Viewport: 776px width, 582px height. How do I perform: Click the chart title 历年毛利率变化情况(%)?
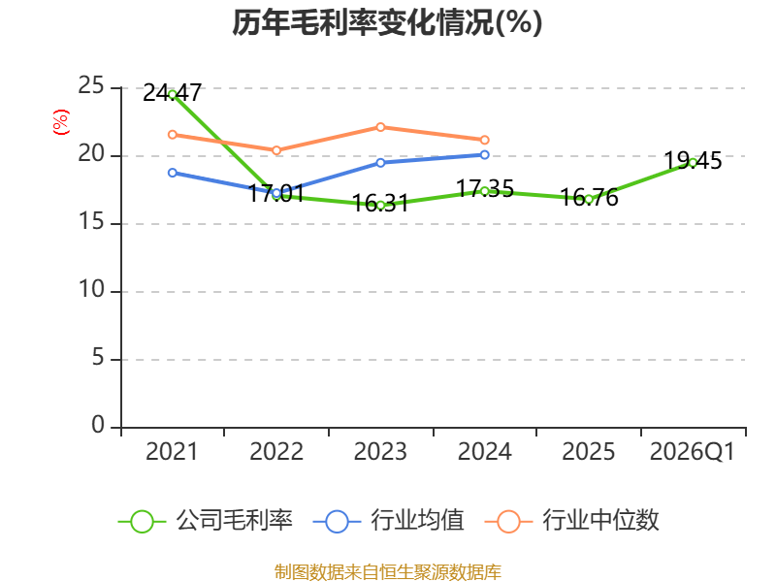[387, 22]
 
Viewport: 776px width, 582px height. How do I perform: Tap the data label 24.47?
[173, 92]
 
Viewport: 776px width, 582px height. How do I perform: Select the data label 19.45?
[693, 161]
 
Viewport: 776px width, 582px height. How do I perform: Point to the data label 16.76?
[589, 198]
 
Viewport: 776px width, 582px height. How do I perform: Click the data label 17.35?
[484, 188]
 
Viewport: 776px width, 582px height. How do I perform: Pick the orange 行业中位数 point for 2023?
[380, 127]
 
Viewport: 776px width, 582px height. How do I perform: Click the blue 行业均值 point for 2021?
[173, 173]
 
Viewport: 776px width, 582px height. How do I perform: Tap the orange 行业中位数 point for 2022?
[276, 150]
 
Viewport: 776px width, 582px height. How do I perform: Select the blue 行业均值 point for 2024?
[484, 155]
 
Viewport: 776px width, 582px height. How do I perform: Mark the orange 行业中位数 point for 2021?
[173, 135]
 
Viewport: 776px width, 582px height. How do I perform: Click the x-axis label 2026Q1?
[693, 452]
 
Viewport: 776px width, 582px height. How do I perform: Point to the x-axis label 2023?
[380, 452]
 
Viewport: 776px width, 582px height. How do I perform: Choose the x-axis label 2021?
[172, 452]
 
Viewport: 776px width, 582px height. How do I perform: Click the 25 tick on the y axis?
[91, 86]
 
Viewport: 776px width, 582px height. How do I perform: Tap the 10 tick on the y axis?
[91, 289]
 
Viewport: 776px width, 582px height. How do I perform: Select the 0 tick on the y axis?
[98, 425]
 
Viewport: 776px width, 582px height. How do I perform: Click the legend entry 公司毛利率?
[206, 521]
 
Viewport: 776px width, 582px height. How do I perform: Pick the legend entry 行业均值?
[389, 521]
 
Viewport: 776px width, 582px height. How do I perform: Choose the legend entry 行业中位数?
[571, 521]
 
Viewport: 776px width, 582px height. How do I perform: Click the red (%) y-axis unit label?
[61, 122]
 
